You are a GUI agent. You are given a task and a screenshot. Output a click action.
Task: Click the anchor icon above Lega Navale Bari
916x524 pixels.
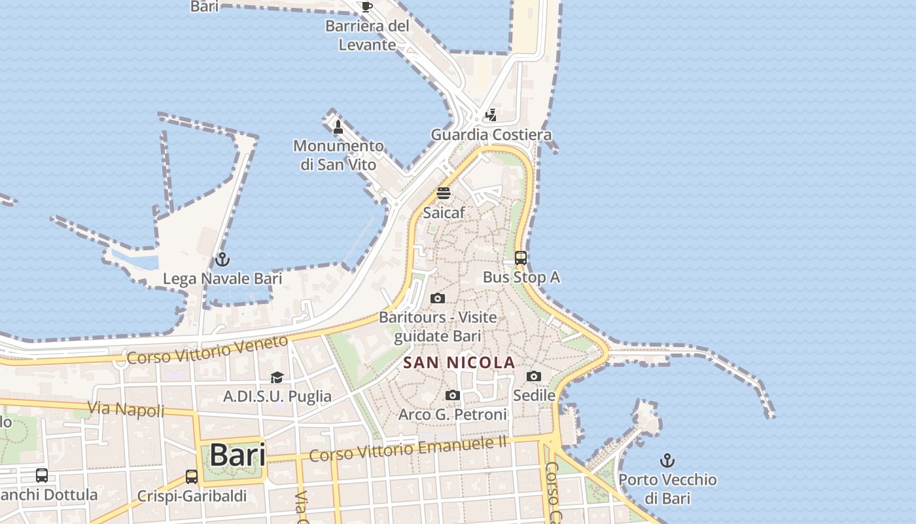[222, 260]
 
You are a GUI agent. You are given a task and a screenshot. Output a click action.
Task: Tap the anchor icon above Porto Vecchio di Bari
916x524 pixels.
[667, 460]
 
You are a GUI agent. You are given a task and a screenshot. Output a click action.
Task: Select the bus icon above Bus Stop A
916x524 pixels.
[521, 258]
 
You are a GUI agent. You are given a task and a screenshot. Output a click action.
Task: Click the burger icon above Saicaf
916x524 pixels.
[444, 193]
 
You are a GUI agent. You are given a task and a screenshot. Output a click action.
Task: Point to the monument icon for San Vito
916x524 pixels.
[338, 126]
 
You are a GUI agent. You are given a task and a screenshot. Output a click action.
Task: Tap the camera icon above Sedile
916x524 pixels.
[534, 377]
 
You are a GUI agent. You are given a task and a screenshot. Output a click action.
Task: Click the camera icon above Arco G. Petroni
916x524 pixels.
[452, 396]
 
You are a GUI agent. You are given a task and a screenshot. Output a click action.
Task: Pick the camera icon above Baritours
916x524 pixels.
[438, 299]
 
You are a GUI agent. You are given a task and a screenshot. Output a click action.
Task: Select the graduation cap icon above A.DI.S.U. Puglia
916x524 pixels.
[277, 378]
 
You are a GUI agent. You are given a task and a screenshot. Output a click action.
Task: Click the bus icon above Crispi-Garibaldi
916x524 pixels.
[192, 477]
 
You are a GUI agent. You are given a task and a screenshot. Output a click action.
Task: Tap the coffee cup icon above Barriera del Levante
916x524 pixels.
[366, 7]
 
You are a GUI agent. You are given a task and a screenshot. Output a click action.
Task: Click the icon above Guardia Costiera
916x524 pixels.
[491, 116]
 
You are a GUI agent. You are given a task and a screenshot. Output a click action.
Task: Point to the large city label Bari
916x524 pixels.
[238, 455]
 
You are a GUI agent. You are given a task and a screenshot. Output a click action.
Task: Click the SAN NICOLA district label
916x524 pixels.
[459, 362]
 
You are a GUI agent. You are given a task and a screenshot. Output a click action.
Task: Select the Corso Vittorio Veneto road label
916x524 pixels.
[207, 350]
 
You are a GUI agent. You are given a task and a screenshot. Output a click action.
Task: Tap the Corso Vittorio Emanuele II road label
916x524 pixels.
[408, 449]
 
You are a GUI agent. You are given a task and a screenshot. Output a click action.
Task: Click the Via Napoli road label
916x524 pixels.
[126, 409]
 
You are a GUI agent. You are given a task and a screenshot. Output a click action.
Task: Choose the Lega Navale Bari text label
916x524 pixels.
[222, 278]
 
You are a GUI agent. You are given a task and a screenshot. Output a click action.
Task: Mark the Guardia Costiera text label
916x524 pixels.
[491, 135]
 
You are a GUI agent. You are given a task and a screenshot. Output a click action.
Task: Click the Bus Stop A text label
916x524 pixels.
[521, 277]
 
